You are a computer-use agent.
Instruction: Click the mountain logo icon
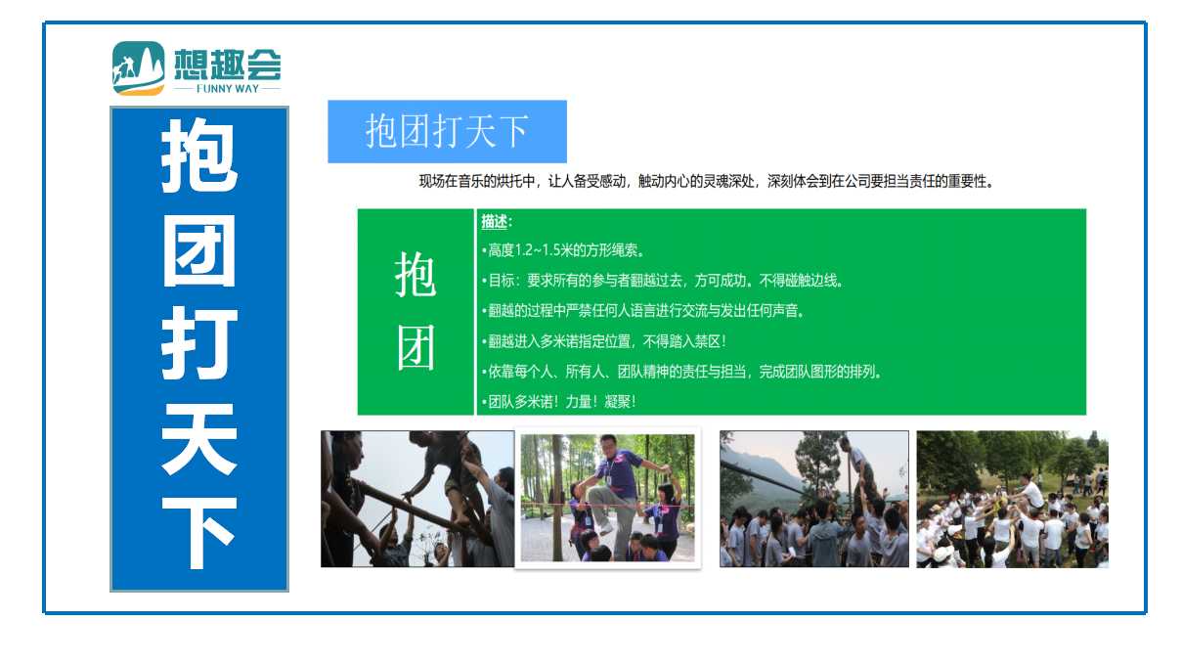pos(138,68)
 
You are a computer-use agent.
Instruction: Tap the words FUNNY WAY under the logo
pos(228,89)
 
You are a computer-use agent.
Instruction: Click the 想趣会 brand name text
pos(228,64)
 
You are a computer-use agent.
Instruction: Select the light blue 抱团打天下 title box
pos(447,131)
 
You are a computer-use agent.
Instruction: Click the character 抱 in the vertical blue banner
pos(199,155)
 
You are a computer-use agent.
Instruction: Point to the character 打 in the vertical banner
pos(199,343)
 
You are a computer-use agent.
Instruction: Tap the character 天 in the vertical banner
pos(199,438)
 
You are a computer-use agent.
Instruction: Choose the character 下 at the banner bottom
pos(199,532)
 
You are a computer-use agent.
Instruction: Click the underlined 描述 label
pos(495,222)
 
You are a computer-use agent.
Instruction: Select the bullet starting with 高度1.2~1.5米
pos(562,250)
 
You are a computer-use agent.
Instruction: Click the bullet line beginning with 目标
pos(662,281)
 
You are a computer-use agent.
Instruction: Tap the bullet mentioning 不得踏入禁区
pos(604,341)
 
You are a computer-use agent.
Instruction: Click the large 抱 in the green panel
pos(416,275)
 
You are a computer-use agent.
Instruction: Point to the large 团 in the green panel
pos(416,348)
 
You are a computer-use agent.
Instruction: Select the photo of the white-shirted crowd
pos(1012,500)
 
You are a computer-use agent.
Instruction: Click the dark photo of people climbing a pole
pos(417,499)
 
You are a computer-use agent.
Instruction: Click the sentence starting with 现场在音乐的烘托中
pos(707,181)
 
